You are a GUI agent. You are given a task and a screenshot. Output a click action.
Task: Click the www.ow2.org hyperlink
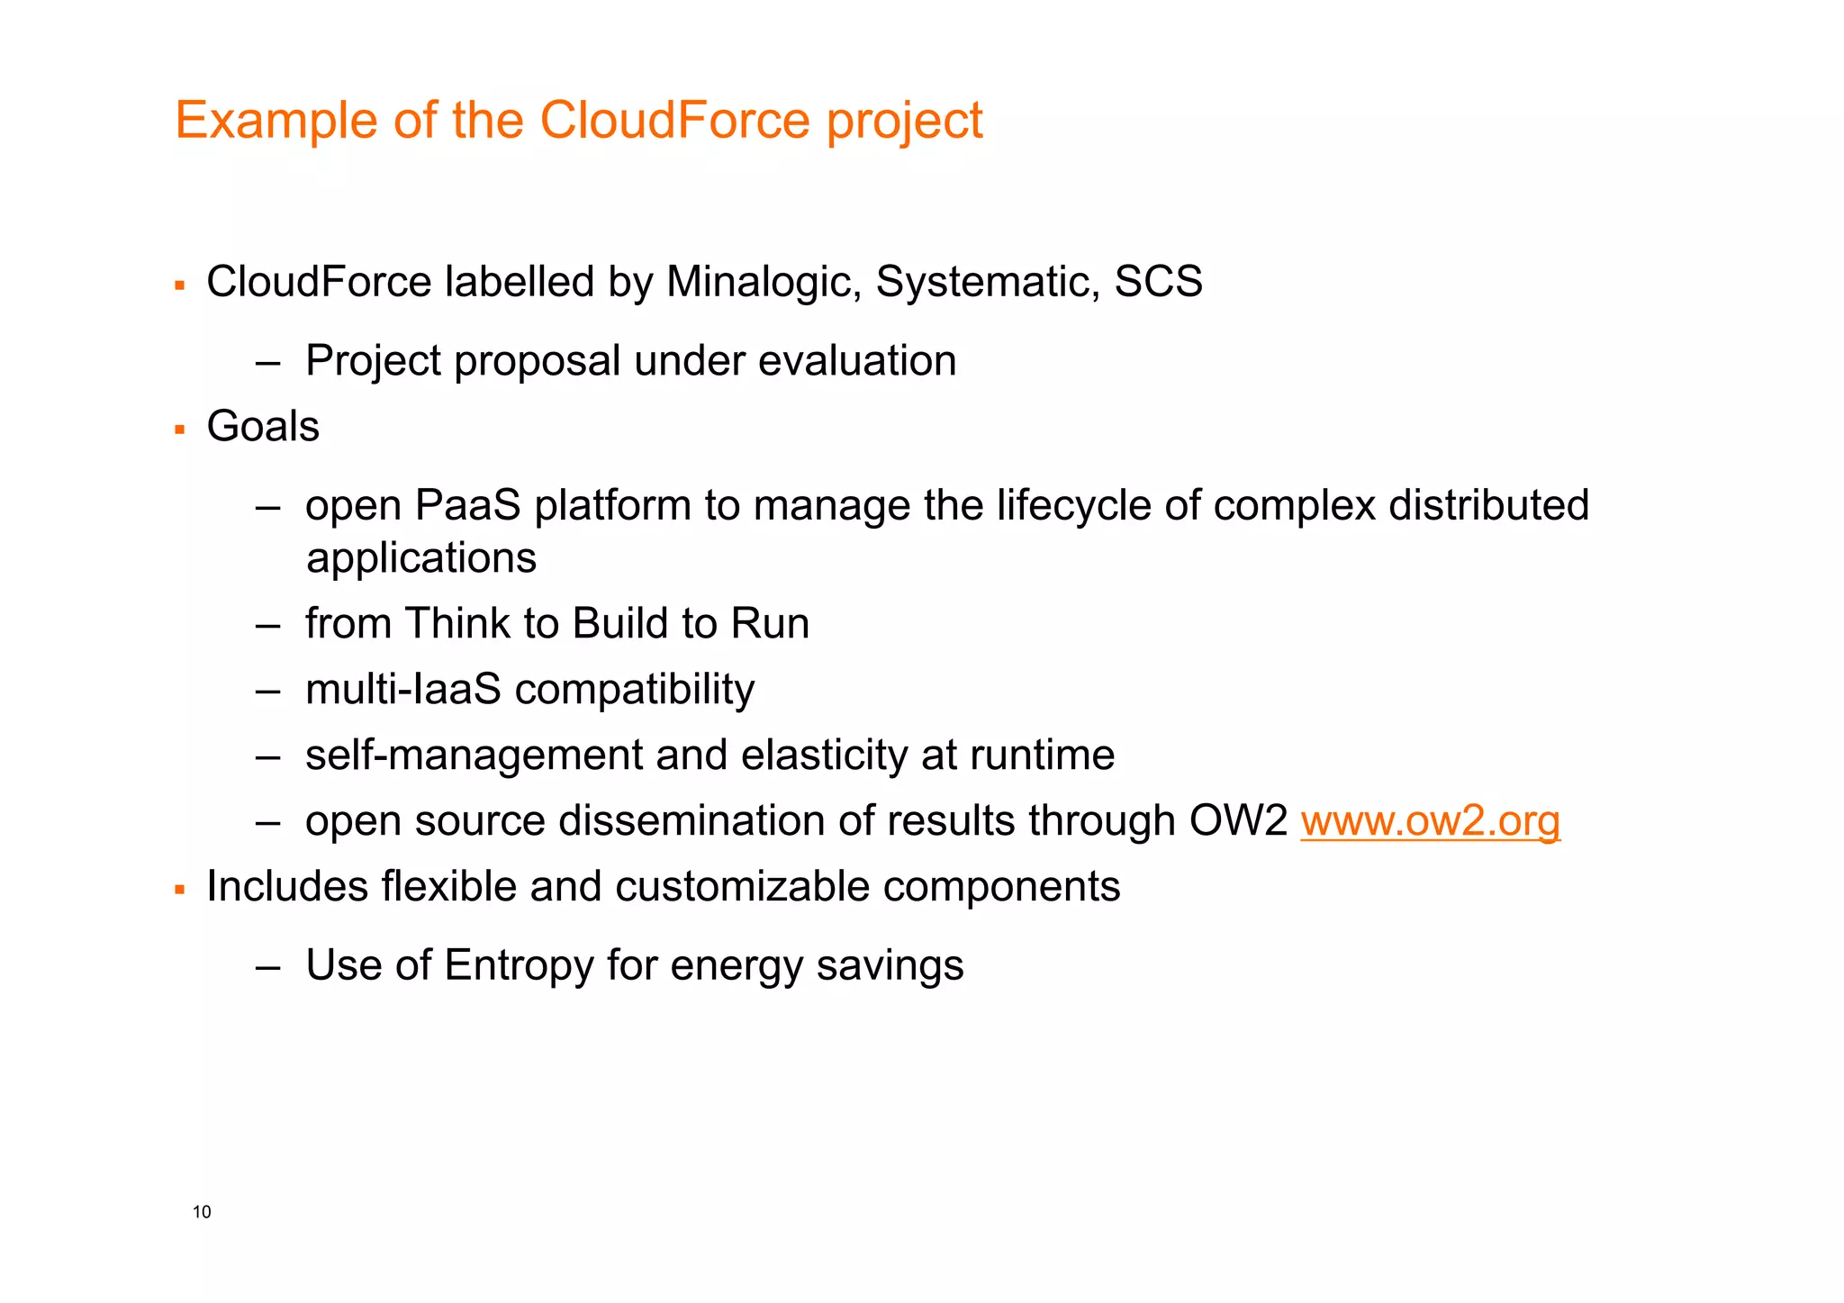click(x=1430, y=821)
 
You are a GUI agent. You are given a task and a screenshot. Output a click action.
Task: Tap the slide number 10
click(x=202, y=1212)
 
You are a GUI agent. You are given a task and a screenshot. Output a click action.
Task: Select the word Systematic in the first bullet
click(x=988, y=282)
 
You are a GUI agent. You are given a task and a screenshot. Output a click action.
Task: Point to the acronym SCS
click(x=1158, y=282)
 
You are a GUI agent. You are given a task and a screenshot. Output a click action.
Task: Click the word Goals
click(x=263, y=426)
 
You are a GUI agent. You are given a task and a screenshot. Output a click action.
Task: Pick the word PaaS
click(x=467, y=505)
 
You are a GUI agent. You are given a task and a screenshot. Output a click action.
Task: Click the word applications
click(x=421, y=558)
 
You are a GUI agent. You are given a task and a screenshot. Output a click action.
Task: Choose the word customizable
click(x=742, y=887)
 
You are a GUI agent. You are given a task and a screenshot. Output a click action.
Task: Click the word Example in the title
click(x=276, y=120)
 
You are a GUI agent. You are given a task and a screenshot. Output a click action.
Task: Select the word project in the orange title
click(x=904, y=122)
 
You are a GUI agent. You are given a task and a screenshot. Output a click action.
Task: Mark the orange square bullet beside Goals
click(x=180, y=430)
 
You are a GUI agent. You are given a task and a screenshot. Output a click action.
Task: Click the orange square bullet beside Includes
click(x=180, y=891)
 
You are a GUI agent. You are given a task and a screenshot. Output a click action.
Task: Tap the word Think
click(x=456, y=624)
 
